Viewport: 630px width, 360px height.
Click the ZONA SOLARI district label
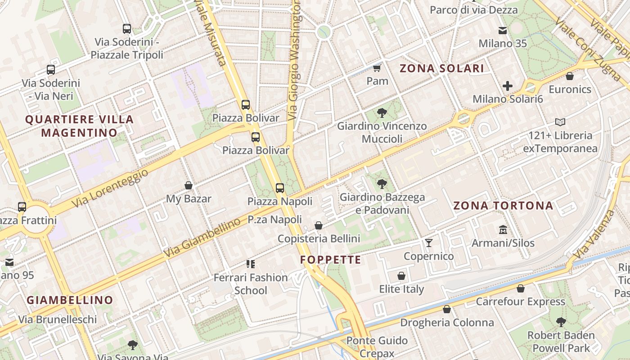click(441, 68)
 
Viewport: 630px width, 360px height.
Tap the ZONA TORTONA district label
click(503, 206)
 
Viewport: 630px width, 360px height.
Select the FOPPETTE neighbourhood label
click(330, 260)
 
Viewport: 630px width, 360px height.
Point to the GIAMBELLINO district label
click(70, 300)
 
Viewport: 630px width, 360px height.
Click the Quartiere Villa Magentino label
click(79, 126)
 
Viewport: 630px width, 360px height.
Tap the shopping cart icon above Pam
click(377, 68)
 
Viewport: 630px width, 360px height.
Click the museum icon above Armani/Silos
click(503, 230)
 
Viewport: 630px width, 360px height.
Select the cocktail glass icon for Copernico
click(429, 243)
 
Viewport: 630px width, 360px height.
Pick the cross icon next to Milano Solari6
click(508, 86)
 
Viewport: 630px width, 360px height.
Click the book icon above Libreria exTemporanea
click(560, 122)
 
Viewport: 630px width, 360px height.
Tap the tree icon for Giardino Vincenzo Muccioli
click(382, 112)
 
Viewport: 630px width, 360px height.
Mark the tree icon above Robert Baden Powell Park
click(561, 322)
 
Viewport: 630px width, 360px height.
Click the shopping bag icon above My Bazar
click(189, 185)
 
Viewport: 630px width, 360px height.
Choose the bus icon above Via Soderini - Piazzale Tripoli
click(127, 29)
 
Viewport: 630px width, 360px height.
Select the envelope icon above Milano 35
click(503, 31)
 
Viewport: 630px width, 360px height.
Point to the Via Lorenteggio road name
click(110, 189)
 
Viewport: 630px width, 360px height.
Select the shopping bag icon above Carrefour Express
click(521, 288)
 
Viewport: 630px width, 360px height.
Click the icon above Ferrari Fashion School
click(251, 264)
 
